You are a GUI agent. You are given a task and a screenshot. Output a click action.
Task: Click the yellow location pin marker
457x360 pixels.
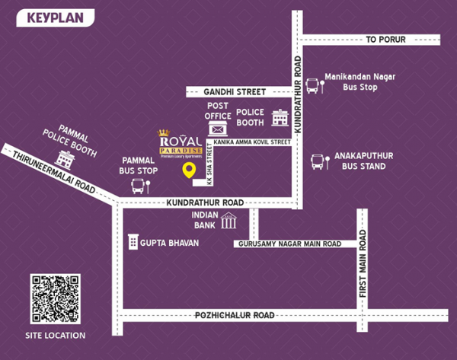click(x=187, y=171)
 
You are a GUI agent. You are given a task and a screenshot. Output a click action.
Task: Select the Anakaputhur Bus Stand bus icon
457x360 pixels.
click(x=318, y=161)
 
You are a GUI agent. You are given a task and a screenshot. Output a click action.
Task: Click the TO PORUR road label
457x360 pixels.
click(x=386, y=40)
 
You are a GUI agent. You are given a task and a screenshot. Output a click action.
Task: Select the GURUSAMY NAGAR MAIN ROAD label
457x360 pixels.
click(x=288, y=244)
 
